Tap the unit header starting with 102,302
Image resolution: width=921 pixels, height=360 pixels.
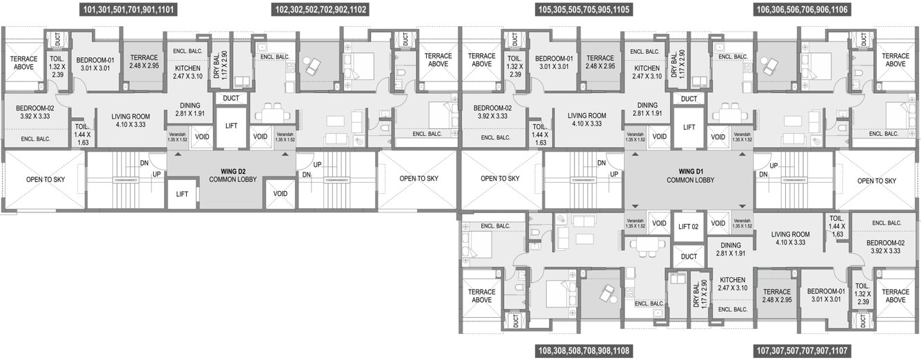pyautogui.click(x=321, y=10)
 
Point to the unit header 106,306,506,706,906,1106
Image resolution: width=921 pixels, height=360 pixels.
pyautogui.click(x=802, y=10)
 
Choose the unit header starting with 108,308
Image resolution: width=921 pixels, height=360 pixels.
pyautogui.click(x=584, y=351)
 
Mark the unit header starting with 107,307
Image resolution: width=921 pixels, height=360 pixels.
pyautogui.click(x=802, y=351)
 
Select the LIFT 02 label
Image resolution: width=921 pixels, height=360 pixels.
pyautogui.click(x=689, y=226)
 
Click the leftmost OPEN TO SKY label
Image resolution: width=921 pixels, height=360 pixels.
pyautogui.click(x=45, y=179)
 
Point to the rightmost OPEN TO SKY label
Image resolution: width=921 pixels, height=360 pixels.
pyautogui.click(x=877, y=181)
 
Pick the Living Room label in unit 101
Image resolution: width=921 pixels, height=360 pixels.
pyautogui.click(x=130, y=120)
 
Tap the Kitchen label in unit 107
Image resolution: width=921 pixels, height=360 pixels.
pyautogui.click(x=731, y=283)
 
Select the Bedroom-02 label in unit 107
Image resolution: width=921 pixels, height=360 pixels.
pyautogui.click(x=885, y=247)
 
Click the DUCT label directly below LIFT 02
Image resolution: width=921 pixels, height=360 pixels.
pyautogui.click(x=689, y=257)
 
